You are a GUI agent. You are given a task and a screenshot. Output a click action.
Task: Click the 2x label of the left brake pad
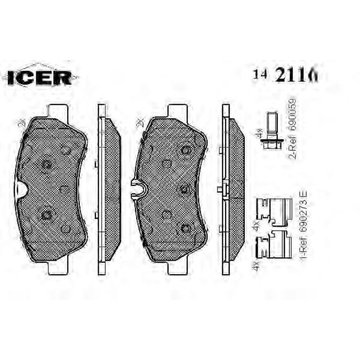(21, 123)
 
